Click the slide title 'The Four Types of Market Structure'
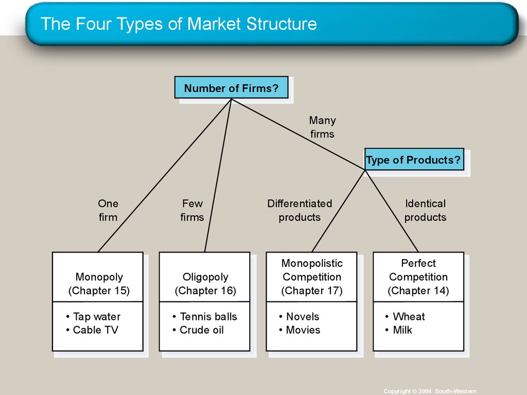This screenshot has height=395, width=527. (x=179, y=24)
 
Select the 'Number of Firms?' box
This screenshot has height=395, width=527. (x=231, y=88)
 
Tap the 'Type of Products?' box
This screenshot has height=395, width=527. (x=413, y=160)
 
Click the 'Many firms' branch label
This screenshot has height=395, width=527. (x=322, y=127)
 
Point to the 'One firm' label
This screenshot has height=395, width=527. (x=108, y=210)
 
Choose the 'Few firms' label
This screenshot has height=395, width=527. (x=192, y=210)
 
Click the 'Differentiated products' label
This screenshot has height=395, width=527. (x=300, y=210)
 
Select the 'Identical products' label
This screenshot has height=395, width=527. (x=425, y=210)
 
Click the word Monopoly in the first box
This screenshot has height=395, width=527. (x=99, y=277)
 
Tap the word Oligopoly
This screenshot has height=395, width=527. (x=205, y=277)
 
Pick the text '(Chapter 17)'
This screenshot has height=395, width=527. (x=311, y=291)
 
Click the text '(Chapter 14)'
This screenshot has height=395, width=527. (x=418, y=291)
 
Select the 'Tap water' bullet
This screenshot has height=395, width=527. (x=96, y=317)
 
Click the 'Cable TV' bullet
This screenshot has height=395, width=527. (x=95, y=330)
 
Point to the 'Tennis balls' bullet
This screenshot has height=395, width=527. (x=208, y=317)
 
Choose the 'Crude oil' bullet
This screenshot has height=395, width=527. (x=201, y=330)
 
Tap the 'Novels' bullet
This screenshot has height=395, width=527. (x=302, y=317)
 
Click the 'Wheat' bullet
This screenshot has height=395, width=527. (x=409, y=317)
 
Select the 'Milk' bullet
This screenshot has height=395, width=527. (x=402, y=330)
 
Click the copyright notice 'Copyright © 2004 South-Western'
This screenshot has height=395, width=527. (x=430, y=391)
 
